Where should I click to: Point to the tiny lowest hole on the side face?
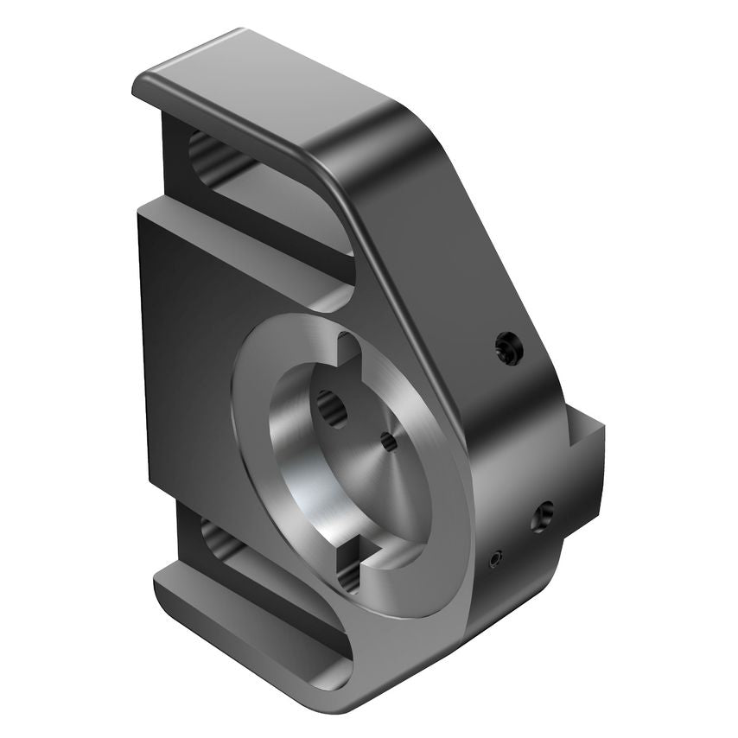click(495, 560)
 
